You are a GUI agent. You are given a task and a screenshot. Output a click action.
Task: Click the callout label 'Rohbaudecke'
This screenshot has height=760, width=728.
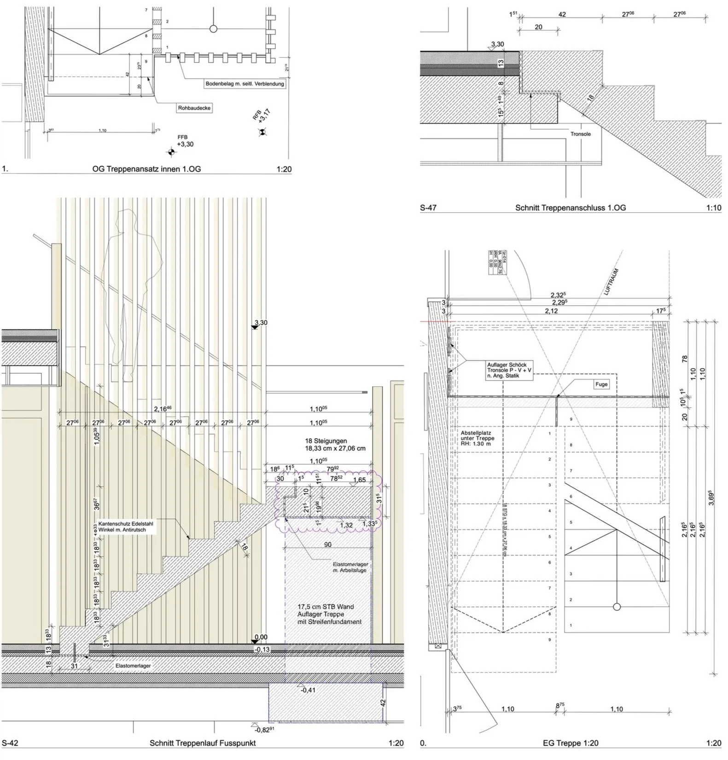pos(194,108)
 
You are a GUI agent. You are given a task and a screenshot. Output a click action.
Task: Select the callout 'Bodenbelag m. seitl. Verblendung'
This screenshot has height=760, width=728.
pos(245,84)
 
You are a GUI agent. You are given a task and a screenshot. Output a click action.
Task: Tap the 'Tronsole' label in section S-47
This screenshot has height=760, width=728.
pos(580,134)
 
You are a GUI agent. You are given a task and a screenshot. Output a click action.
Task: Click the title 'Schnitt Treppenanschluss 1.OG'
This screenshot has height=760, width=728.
pos(571,208)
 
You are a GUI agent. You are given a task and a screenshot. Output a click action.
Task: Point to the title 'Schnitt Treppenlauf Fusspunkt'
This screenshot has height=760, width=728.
pos(203,743)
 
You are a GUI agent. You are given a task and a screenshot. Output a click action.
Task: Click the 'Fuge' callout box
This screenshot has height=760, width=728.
pos(601,384)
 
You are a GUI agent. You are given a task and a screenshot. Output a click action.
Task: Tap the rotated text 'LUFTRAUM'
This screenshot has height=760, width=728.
pos(609,282)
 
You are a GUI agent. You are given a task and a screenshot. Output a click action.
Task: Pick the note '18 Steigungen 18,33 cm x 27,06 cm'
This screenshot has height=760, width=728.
pos(335,445)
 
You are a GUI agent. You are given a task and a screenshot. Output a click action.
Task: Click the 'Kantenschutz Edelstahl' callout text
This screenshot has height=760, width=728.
pos(126,527)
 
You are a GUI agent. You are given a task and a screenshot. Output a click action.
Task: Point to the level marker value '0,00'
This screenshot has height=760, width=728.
pos(261,637)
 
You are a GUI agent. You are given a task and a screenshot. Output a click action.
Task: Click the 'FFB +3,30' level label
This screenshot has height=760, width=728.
pos(185,141)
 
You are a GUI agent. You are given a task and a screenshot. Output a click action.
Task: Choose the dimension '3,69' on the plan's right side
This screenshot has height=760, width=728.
pos(711,498)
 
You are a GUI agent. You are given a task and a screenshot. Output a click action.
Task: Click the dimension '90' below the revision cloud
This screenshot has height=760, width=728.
pos(328,545)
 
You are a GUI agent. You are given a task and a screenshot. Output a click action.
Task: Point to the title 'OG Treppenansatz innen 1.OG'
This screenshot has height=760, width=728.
pos(146,169)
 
